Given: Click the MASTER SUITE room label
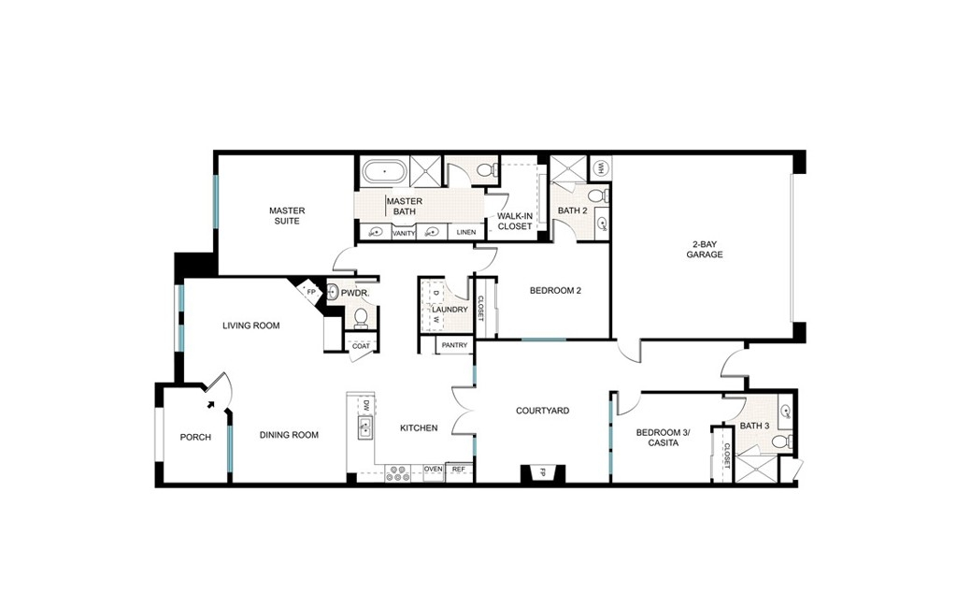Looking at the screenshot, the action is (287, 216).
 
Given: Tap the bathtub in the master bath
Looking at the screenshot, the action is (384, 172).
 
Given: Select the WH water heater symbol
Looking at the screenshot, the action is (600, 167).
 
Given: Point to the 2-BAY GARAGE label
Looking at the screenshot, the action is (705, 250).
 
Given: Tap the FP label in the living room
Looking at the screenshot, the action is (310, 292).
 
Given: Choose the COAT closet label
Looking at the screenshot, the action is (362, 346).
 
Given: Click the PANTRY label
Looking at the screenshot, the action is (455, 345).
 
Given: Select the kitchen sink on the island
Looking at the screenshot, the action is (365, 427).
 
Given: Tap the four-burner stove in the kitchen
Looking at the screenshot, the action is (397, 473).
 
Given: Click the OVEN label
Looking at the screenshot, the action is (434, 470).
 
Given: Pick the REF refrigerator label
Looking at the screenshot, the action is (459, 470).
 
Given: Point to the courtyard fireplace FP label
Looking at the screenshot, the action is (542, 472).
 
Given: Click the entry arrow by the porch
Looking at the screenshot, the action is (211, 403).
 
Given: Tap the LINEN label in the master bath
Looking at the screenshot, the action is (466, 232).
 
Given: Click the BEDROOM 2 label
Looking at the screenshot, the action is (555, 291).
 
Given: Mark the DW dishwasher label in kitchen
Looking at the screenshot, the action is (366, 405).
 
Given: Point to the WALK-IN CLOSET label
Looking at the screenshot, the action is (515, 221).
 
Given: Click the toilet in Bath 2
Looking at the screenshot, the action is (599, 196).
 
